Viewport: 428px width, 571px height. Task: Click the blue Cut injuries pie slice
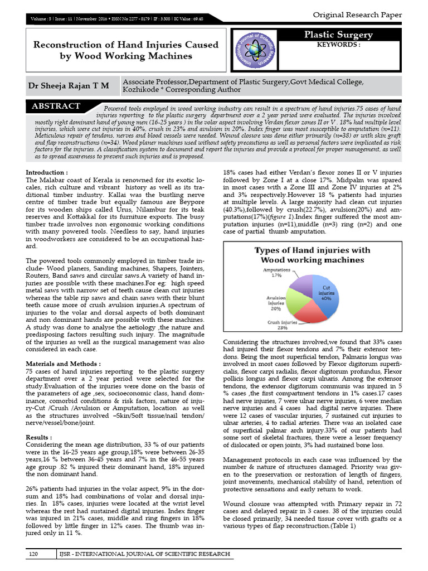(324, 293)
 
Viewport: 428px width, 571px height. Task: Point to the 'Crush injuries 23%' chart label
(283, 324)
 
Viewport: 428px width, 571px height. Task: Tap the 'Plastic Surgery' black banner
(346, 35)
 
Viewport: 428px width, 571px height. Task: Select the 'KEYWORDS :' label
(338, 44)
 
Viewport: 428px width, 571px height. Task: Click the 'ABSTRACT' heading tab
(56, 106)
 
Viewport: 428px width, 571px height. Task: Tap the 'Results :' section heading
(40, 437)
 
